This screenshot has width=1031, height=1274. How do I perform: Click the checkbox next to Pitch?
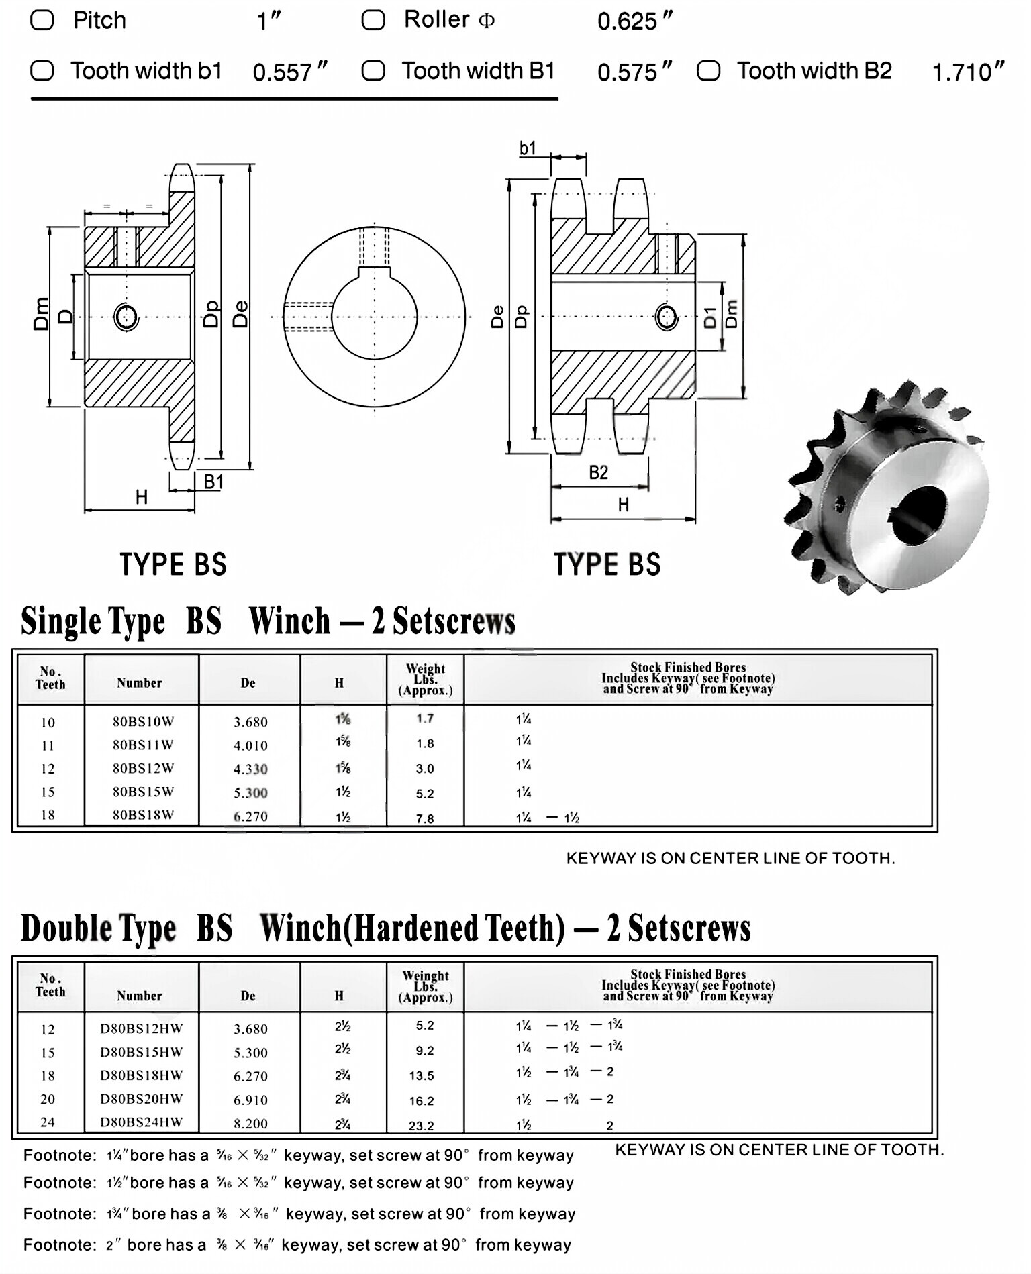point(42,20)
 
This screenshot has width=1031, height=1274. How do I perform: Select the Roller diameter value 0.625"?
point(634,21)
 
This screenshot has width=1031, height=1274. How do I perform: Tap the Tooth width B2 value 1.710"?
point(967,72)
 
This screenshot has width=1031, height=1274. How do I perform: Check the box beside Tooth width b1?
point(42,70)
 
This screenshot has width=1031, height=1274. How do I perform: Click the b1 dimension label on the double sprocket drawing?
point(528,148)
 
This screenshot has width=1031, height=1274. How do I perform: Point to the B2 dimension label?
point(598,472)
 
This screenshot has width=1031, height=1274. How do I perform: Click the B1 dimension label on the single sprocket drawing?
point(213,481)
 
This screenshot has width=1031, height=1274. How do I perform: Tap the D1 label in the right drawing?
point(710,317)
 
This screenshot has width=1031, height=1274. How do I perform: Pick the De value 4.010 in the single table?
point(250,745)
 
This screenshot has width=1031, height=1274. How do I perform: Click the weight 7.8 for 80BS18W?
point(425,818)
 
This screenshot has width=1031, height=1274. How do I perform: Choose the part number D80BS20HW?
point(142,1098)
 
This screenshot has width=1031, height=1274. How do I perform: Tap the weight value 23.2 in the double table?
point(422,1126)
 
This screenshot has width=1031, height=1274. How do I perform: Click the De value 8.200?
point(250,1123)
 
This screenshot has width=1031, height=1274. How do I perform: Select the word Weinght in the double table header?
point(426,975)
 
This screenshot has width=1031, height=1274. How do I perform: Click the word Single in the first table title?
point(56,621)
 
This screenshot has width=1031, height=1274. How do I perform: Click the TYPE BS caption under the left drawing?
point(173,564)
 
